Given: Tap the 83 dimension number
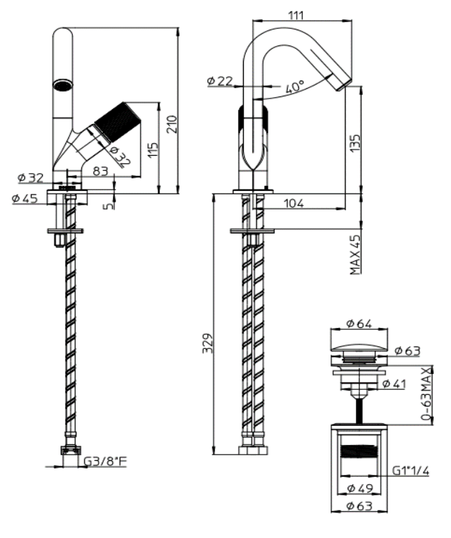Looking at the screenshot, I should [x=101, y=170].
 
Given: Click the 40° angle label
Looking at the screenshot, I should [x=294, y=87].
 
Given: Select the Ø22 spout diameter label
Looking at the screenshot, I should [x=220, y=81].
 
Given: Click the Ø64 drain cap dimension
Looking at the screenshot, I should [x=360, y=322].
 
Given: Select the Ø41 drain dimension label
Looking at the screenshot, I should [x=393, y=384].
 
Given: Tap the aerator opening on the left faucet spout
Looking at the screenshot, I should [x=63, y=86].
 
